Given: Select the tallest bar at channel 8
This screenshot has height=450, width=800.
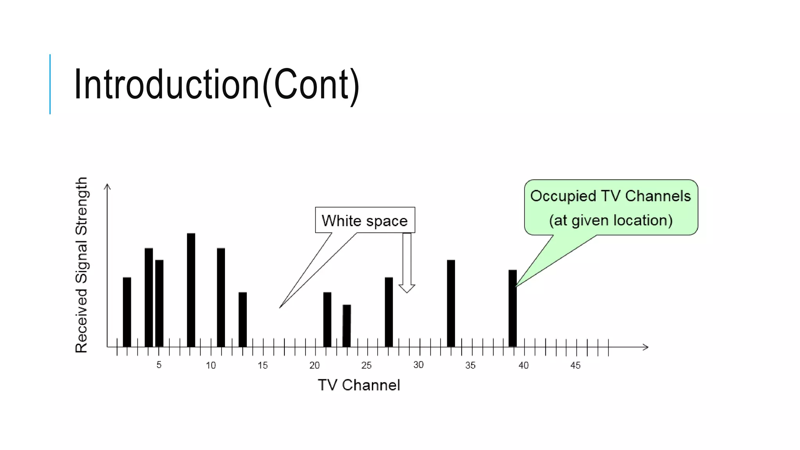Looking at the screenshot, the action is click(191, 290).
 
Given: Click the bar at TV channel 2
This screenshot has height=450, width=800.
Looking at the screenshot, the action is click(127, 312).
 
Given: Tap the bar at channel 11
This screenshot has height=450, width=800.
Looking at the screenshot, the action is click(221, 297).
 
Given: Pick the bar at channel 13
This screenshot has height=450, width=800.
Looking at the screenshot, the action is click(243, 319).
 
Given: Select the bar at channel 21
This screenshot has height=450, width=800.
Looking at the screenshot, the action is click(327, 319).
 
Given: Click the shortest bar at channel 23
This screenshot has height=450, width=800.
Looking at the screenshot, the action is click(346, 325).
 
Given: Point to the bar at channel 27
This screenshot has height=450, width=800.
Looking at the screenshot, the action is click(389, 312).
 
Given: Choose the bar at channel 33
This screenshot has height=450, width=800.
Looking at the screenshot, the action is click(451, 303).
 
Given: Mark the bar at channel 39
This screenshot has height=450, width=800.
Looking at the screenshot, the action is click(512, 308).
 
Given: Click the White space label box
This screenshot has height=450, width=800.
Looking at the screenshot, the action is click(365, 220).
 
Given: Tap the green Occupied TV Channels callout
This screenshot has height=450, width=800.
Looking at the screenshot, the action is click(611, 208).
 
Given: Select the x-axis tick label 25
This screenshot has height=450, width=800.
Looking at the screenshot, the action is click(366, 366).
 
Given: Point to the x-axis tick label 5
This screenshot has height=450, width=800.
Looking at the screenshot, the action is click(159, 365).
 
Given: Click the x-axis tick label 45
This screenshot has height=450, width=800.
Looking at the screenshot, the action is click(575, 366).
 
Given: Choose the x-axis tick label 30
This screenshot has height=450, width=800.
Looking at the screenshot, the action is click(418, 365).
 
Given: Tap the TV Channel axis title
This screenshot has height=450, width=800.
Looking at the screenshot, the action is click(359, 385).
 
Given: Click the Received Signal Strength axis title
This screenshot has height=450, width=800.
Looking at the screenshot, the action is click(81, 265).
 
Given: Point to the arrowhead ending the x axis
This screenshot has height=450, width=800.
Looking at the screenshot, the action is click(646, 347).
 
